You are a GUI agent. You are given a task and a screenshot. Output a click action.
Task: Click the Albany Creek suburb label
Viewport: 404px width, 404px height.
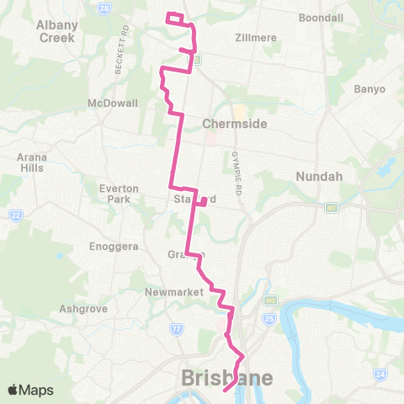coord(57,31)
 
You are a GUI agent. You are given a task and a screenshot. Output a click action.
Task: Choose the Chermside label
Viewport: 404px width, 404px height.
coord(235,124)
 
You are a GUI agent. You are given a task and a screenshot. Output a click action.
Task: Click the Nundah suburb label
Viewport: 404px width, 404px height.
coord(316,177)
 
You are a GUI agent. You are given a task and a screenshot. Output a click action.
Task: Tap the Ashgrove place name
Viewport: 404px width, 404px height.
coord(83,309)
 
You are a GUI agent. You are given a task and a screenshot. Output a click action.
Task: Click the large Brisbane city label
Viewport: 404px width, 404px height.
coord(227,379)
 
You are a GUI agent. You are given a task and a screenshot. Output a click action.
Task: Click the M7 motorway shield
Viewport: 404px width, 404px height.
coord(331,206)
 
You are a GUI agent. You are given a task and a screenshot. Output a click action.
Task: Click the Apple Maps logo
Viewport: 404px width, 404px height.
coord(30,390)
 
